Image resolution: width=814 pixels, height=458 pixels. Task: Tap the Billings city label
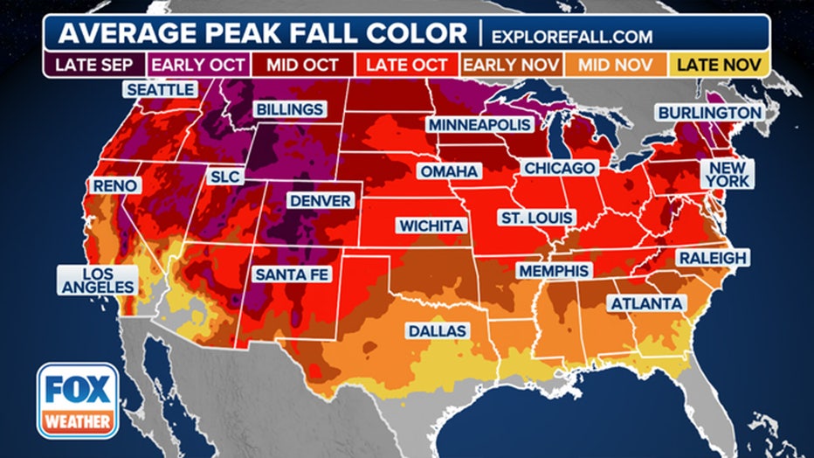click(289, 110)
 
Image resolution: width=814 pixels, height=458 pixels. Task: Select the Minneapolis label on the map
click(479, 125)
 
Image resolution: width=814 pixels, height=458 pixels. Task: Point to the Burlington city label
click(709, 113)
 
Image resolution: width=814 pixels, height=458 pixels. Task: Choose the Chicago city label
click(560, 168)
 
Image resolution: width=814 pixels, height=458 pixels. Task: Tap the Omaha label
click(449, 171)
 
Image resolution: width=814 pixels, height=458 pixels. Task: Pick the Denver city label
click(321, 201)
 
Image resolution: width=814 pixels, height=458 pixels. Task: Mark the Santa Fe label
click(292, 274)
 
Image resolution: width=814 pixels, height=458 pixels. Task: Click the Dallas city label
click(437, 331)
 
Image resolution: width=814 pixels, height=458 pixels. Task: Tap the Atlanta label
click(647, 303)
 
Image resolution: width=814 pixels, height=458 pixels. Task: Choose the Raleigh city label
click(712, 258)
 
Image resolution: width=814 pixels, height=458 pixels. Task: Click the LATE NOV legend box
click(721, 64)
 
